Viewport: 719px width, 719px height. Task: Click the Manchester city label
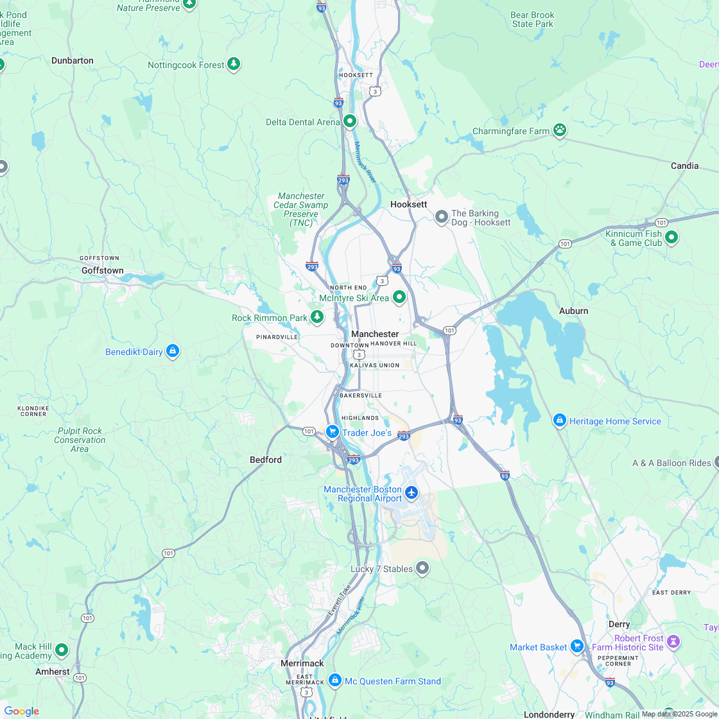[375, 334]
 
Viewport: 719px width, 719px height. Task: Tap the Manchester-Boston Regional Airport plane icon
[411, 493]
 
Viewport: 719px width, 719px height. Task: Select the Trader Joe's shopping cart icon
[332, 432]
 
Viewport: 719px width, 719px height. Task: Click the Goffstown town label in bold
[102, 270]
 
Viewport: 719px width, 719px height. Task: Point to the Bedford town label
[265, 460]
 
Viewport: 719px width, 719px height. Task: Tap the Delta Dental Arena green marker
[350, 121]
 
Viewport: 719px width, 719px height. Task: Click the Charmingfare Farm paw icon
[560, 130]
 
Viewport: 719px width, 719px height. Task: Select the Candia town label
[684, 166]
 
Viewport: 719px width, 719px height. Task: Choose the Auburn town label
[573, 311]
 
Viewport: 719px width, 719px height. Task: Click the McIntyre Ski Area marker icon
[399, 297]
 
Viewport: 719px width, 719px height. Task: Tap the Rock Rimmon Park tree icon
[317, 316]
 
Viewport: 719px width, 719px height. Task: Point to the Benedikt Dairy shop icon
[172, 351]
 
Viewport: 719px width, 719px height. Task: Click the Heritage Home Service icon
[559, 420]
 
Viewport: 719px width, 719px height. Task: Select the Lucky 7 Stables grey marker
[422, 567]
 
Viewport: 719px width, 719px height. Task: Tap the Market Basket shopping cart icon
[577, 646]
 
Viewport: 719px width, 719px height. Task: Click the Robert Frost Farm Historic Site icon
[673, 641]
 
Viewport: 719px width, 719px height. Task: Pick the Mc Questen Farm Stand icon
[334, 680]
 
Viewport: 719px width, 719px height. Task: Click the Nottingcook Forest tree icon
[234, 64]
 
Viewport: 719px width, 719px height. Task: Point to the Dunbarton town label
[73, 60]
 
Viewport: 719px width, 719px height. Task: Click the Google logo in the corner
[21, 711]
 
